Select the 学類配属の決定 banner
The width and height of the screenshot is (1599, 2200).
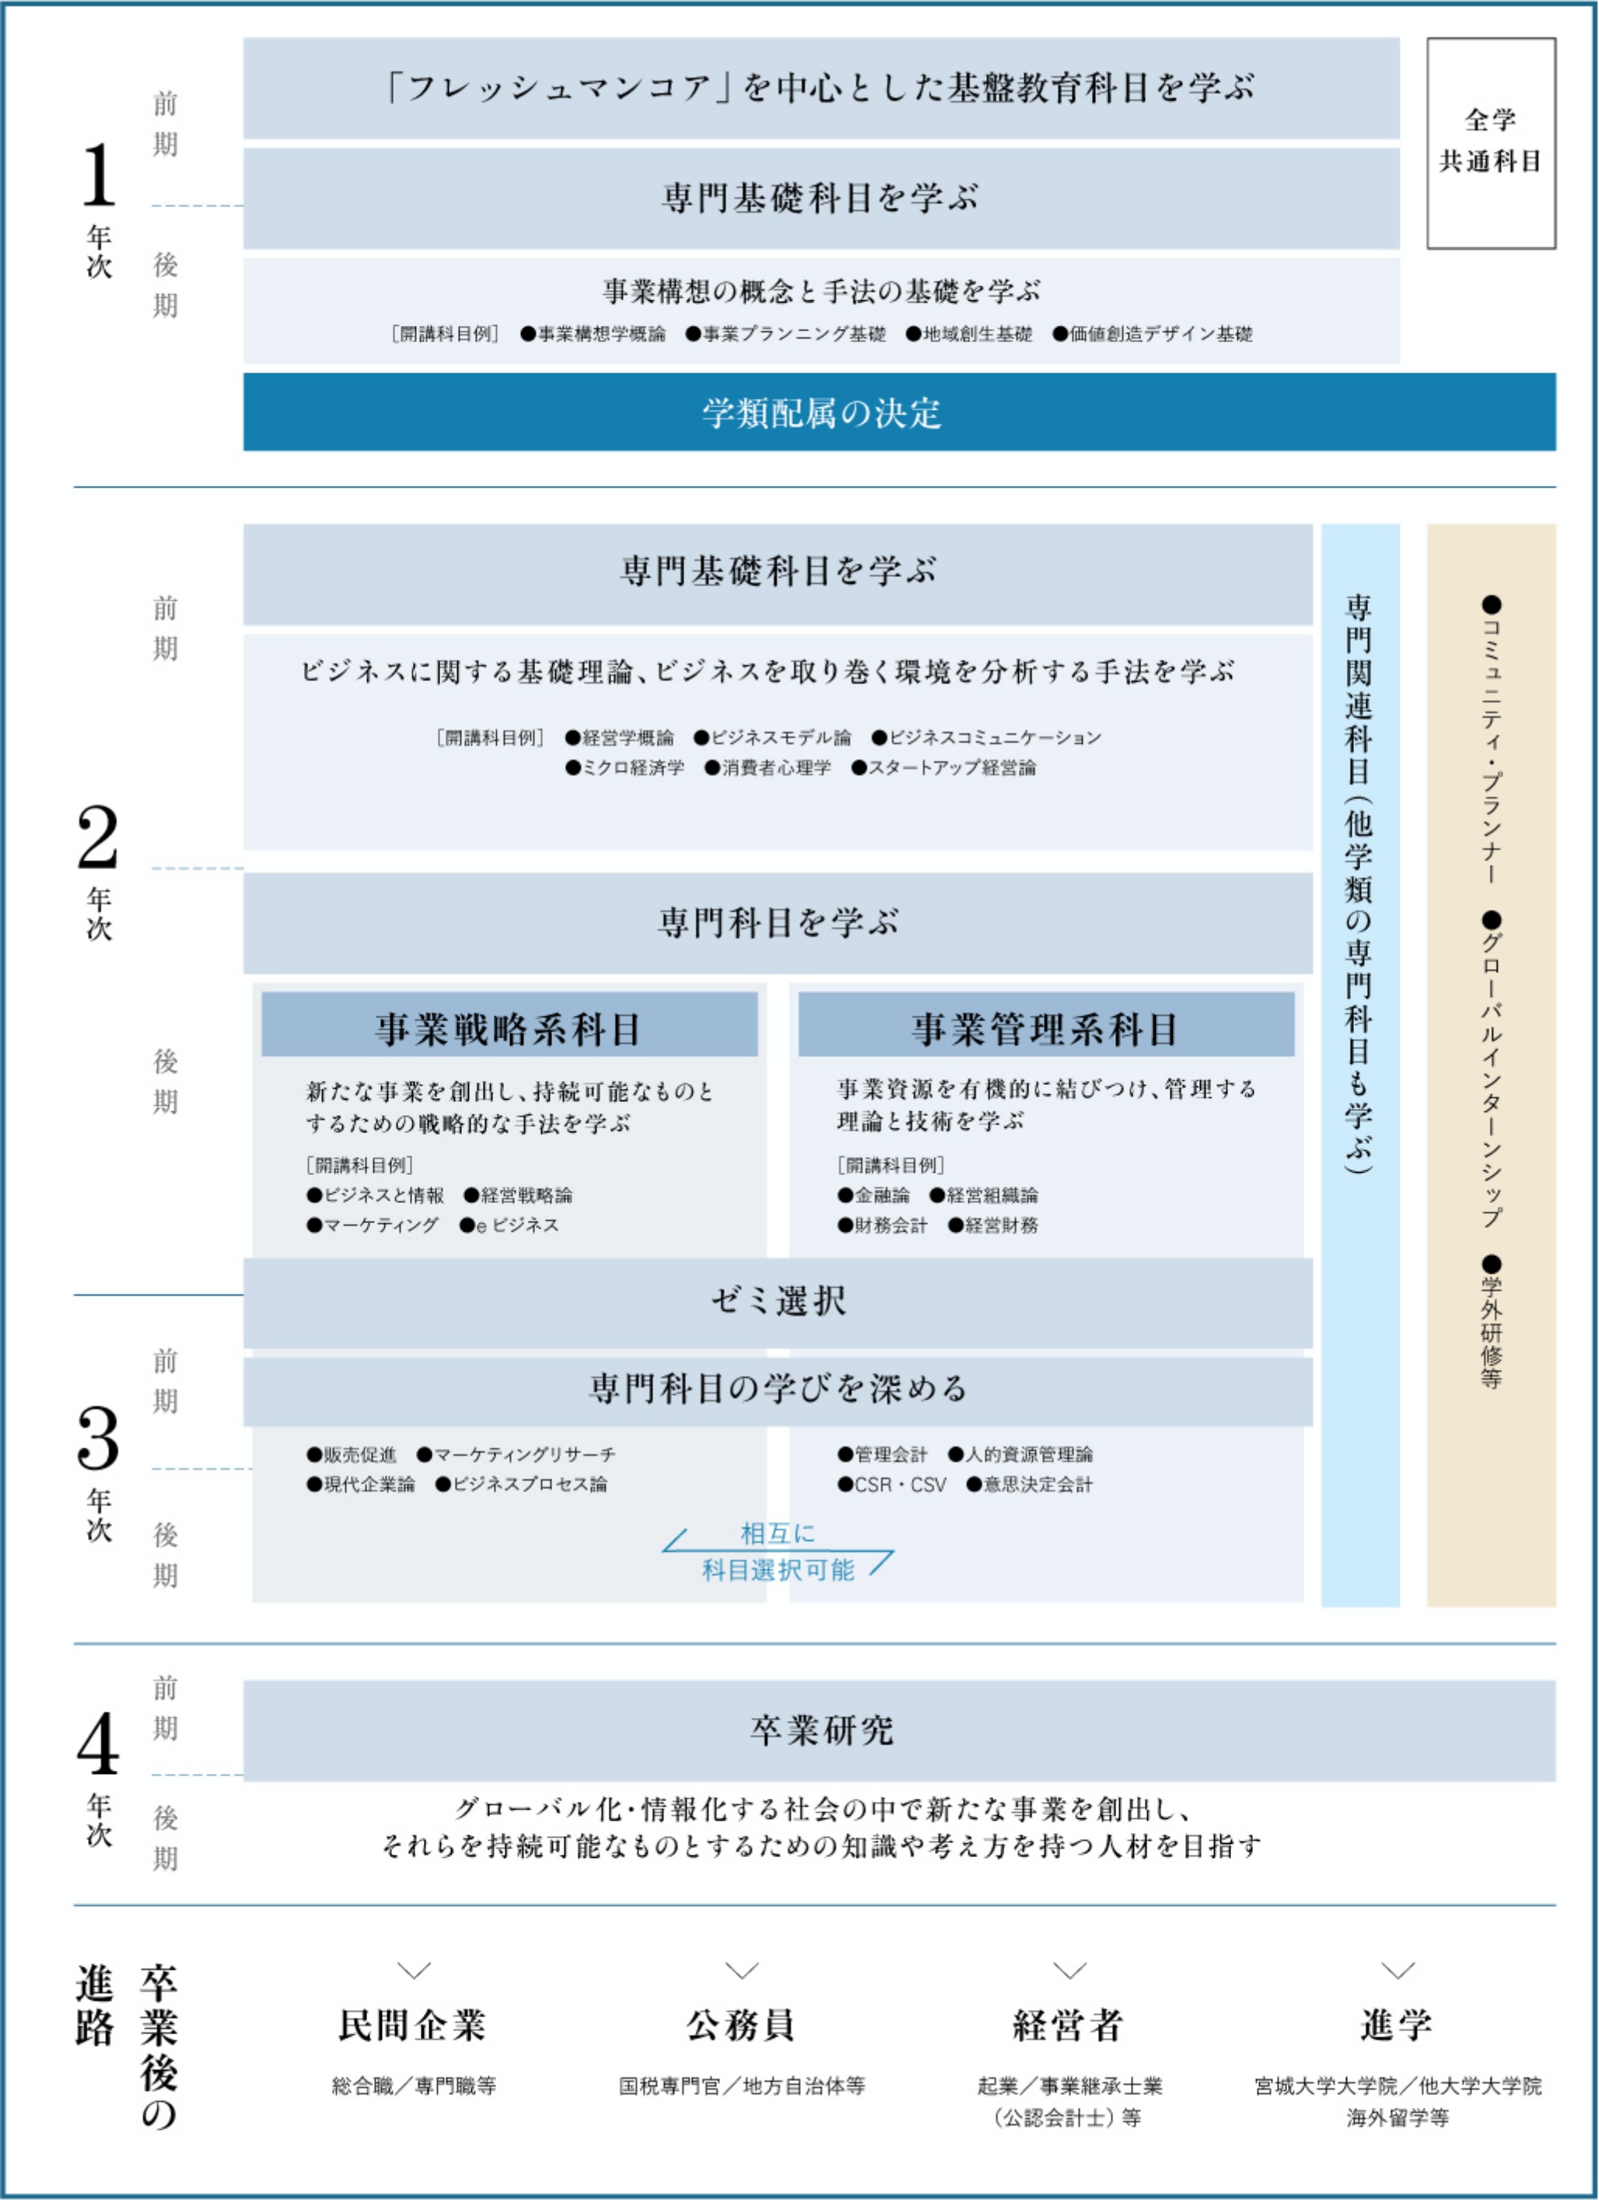[899, 412]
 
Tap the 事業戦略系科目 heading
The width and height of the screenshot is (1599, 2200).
[509, 1028]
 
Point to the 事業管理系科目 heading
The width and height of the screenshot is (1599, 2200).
[1046, 1028]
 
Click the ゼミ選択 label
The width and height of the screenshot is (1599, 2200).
[779, 1301]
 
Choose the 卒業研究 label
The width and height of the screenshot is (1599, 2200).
[822, 1730]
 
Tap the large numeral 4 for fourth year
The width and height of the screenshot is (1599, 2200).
[98, 1744]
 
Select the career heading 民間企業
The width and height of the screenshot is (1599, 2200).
[412, 2024]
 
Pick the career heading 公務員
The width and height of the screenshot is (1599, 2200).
[741, 2024]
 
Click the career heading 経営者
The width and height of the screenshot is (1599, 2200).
[1069, 2024]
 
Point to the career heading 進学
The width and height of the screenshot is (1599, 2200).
[1398, 2024]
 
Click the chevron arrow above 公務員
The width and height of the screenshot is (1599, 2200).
[742, 1970]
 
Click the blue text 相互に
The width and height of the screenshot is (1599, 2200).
[779, 1533]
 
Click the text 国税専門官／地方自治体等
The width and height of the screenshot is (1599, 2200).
[742, 2085]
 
